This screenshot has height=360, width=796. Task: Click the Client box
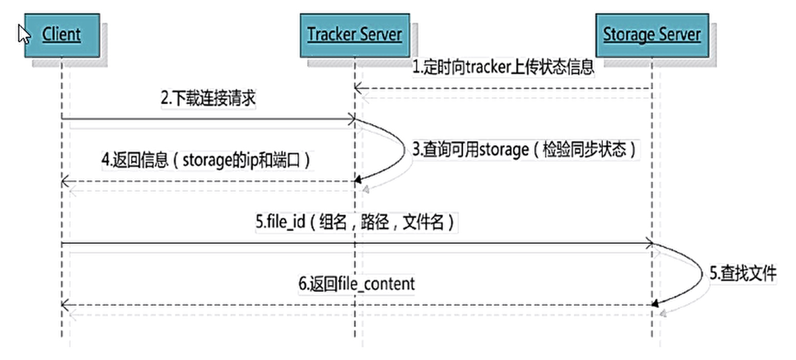[61, 34]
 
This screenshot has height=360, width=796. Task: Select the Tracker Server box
[354, 34]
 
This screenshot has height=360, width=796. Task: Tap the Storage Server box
[652, 34]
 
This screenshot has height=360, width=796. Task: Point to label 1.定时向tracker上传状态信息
[504, 68]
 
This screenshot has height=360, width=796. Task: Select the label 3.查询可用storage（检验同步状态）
[524, 150]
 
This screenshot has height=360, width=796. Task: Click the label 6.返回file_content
[356, 284]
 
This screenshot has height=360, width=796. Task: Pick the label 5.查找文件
[743, 274]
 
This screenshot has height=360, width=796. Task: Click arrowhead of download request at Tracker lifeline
[351, 120]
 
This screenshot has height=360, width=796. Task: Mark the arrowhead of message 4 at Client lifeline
[65, 182]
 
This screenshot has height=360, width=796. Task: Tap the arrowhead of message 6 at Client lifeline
[65, 306]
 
